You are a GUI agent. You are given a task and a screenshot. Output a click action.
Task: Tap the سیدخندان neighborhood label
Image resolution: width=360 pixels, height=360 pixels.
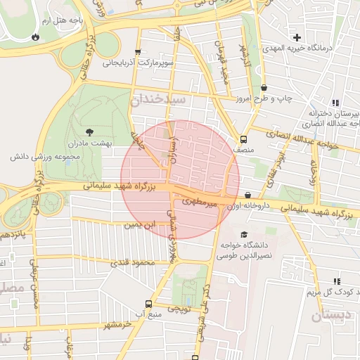point(157,101)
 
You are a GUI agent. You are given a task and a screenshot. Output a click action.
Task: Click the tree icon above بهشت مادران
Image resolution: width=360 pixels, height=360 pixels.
point(89,131)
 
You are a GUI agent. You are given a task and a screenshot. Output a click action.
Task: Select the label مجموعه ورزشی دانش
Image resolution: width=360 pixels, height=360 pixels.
point(38,155)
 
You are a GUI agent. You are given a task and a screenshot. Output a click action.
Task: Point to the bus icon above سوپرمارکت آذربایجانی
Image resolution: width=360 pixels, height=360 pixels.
point(138,52)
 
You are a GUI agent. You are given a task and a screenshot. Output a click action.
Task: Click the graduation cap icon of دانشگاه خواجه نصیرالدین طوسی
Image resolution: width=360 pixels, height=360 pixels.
point(244,235)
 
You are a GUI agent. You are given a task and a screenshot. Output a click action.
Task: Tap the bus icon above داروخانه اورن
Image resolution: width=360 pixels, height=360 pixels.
point(247,195)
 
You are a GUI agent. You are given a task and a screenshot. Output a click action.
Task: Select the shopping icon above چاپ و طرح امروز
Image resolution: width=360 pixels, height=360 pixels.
point(264,88)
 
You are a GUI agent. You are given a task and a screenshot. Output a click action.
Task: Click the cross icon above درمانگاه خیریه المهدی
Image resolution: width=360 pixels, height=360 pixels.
point(298,37)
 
